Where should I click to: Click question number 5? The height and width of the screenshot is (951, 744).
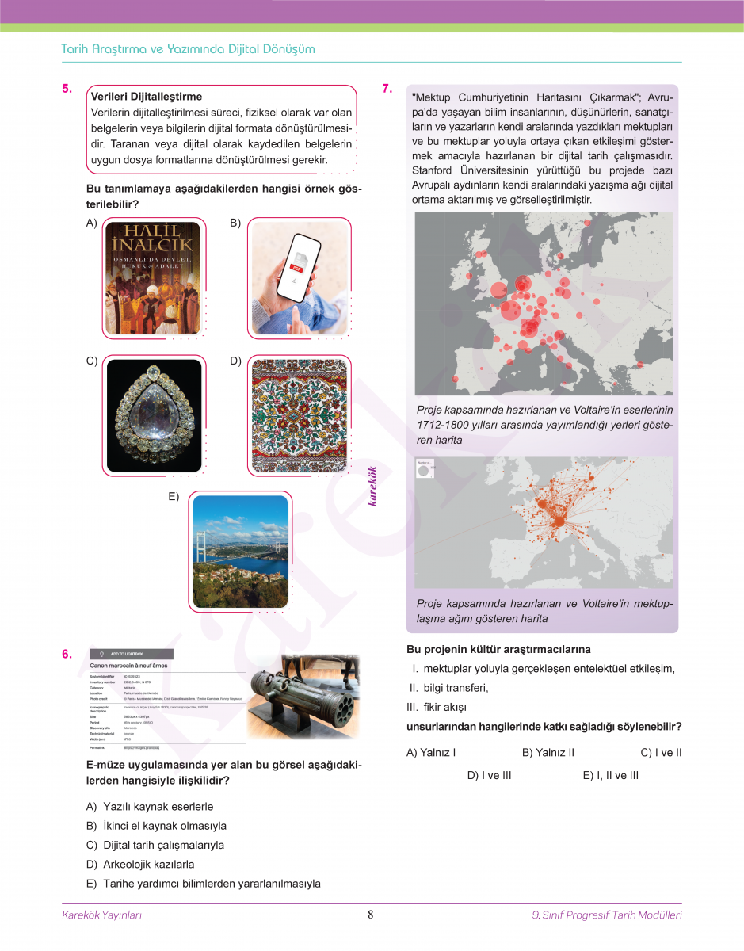(67, 89)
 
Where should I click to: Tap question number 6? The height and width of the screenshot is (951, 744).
(67, 654)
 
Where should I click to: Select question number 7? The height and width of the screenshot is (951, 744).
(387, 89)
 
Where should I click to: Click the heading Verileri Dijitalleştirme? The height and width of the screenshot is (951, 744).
(147, 97)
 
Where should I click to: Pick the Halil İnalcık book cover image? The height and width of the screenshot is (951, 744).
(153, 278)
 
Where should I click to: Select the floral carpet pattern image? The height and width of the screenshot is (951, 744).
(299, 416)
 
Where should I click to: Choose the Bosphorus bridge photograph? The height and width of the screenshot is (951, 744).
(240, 552)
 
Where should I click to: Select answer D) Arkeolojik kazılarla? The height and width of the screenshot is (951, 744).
(140, 864)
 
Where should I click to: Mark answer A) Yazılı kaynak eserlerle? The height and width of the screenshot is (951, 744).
(150, 807)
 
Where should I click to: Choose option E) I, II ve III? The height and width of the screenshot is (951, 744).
(610, 775)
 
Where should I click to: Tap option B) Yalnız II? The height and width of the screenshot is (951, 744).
(548, 752)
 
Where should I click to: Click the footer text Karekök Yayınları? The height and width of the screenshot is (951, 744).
(101, 915)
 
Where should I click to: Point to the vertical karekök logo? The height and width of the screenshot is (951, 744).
(373, 486)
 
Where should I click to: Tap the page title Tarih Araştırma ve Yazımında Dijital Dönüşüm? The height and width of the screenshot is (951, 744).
(188, 49)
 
